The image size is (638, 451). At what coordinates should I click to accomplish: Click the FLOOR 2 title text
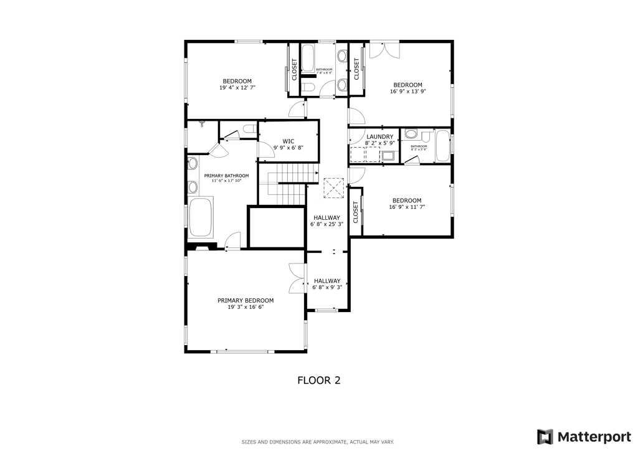click(318, 379)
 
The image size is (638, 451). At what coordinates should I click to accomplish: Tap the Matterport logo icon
click(545, 436)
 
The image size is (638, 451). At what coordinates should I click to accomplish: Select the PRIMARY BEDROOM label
click(245, 300)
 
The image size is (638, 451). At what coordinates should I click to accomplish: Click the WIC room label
click(288, 141)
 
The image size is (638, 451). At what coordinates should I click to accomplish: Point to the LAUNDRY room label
click(379, 136)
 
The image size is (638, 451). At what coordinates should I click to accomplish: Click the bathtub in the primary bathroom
click(201, 217)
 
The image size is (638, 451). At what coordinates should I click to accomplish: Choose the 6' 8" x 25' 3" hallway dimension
click(327, 224)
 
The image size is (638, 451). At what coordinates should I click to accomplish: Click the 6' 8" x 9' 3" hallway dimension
click(327, 287)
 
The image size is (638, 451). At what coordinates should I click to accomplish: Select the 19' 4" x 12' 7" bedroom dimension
click(237, 88)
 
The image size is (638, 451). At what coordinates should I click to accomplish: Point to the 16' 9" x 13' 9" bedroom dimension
click(407, 92)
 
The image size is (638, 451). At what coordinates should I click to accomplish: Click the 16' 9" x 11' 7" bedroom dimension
click(407, 207)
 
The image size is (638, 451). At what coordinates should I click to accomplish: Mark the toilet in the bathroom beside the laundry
click(411, 134)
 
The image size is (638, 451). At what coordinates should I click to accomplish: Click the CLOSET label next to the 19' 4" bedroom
click(295, 70)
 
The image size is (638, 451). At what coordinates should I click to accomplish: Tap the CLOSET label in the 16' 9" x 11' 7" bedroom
click(356, 212)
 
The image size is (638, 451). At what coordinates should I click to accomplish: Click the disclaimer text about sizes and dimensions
click(318, 442)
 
